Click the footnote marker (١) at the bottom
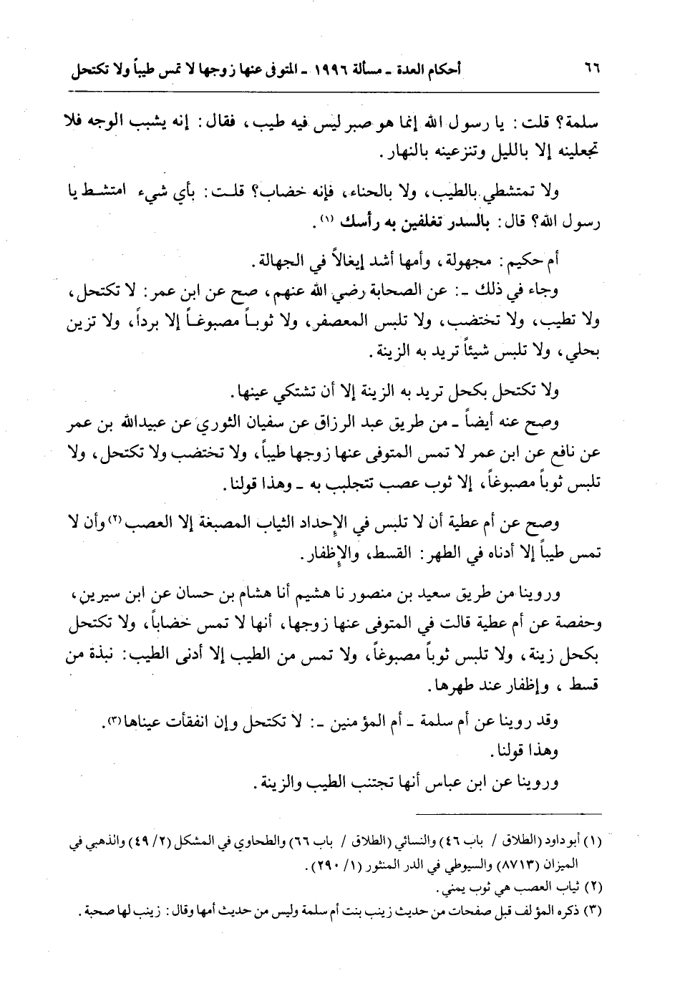pos(591,844)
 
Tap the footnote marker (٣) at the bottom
pos(591,912)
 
